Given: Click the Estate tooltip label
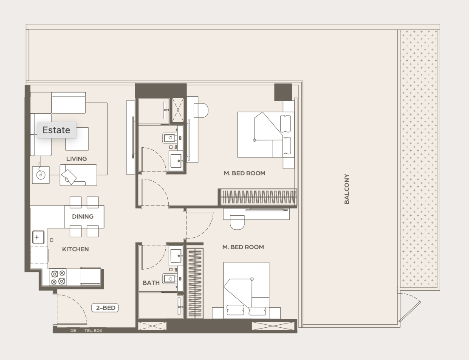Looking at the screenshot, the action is coord(57,130).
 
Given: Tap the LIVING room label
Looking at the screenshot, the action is coord(76,159).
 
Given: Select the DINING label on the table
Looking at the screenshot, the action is coord(82,217).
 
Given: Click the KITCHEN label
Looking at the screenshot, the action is coord(75,249).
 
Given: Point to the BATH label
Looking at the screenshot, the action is coord(151,283).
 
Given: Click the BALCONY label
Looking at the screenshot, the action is coord(347,189).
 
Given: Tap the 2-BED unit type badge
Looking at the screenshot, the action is coord(105,308).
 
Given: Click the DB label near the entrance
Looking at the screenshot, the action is coord(73,331).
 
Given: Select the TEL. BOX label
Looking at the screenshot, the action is coord(93,331).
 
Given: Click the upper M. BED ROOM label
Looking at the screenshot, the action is coord(244,173).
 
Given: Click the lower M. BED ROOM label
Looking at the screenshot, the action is coord(243,247).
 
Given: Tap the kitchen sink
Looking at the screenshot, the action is coord(38,237).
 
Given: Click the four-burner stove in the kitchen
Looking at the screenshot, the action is coord(58,277).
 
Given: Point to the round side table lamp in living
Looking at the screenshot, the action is coord(41,175).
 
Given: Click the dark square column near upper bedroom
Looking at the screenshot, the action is coord(283,92).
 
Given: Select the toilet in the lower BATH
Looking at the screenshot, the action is coord(170,279).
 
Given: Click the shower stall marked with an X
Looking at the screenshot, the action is coord(178,110).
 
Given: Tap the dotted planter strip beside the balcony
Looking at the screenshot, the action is coord(418,159).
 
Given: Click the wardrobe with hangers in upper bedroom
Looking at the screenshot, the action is coord(259,197).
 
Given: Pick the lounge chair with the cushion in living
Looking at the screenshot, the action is coord(78,175).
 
